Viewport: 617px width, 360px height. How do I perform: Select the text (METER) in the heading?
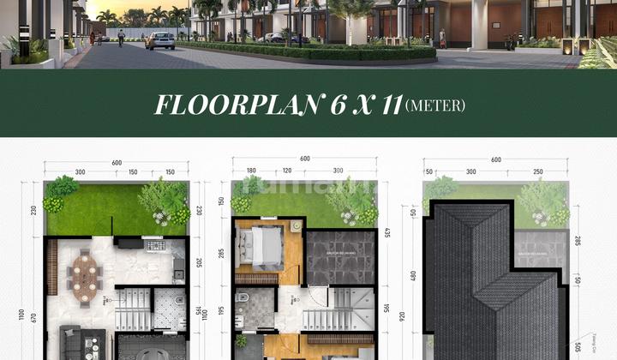click(434, 106)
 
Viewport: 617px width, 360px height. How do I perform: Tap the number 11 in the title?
click(383, 105)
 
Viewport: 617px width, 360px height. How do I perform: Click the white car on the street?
click(160, 40)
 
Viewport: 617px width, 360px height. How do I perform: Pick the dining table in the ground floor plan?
click(86, 274)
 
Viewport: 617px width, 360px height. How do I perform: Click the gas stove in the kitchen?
click(156, 245)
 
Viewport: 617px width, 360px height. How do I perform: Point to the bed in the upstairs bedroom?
click(265, 249)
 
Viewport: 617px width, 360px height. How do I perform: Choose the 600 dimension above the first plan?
click(116, 162)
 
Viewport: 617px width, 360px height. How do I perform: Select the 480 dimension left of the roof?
click(414, 275)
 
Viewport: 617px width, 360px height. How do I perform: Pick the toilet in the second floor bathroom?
click(244, 300)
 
